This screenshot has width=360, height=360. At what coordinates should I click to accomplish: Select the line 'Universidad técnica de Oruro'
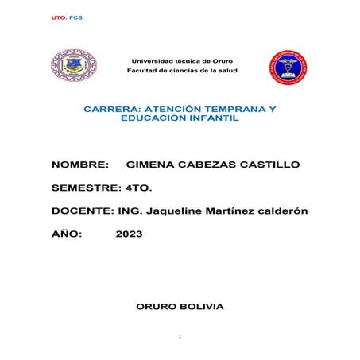coord(182,61)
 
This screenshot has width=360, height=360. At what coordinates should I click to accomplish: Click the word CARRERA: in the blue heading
coord(110,107)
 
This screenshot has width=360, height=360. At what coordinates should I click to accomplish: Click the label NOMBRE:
coord(79,165)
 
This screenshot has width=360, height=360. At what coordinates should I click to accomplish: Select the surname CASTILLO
coord(266,165)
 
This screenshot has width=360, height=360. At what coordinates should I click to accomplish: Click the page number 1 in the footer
coord(180,337)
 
